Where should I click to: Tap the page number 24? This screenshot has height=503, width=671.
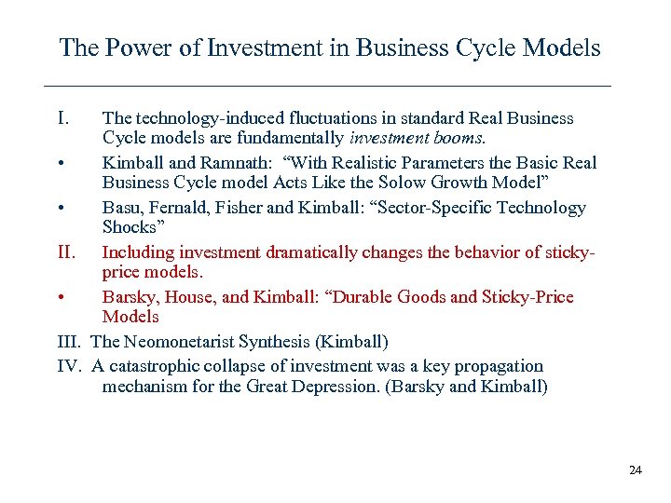point(636,470)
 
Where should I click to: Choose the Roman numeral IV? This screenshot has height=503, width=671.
point(70,366)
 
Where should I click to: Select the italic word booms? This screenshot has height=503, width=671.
point(459,140)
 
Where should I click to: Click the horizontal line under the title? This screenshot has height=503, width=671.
point(328,87)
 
